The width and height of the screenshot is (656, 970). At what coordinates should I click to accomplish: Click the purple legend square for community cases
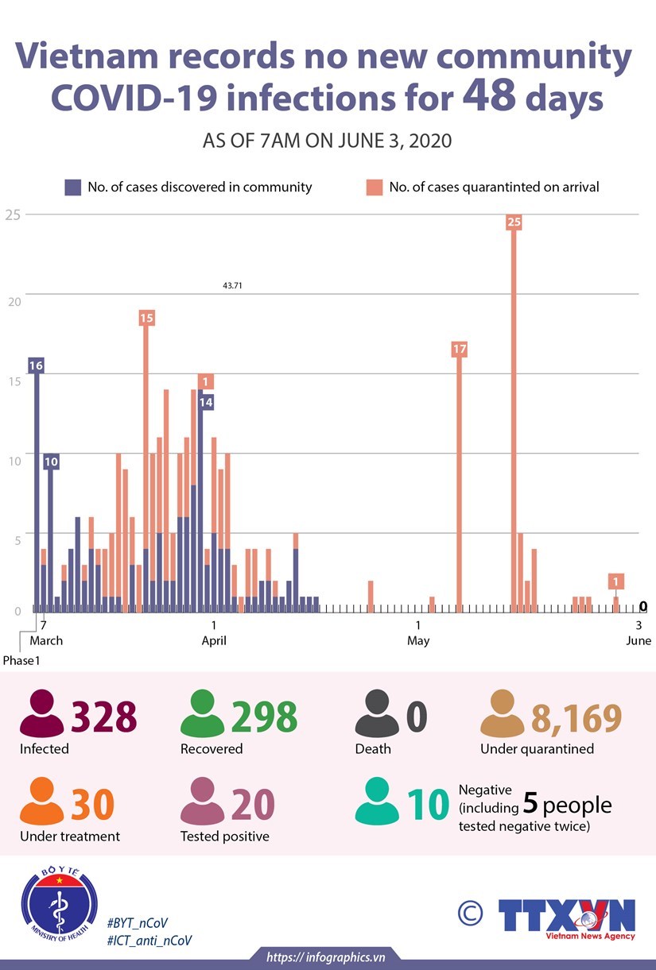pyautogui.click(x=73, y=187)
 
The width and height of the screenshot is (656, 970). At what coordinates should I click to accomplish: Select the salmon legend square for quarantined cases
pyautogui.click(x=374, y=187)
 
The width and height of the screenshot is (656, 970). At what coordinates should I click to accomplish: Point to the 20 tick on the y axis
pyautogui.click(x=11, y=294)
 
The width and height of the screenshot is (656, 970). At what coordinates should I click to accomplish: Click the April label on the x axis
pyautogui.click(x=214, y=640)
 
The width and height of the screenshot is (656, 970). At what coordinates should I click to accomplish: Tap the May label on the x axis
pyautogui.click(x=418, y=640)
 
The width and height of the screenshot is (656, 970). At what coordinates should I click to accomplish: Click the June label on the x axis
pyautogui.click(x=639, y=640)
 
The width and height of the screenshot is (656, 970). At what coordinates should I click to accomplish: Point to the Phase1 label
pyautogui.click(x=21, y=660)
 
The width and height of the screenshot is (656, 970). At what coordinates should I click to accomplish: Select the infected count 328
pyautogui.click(x=104, y=717)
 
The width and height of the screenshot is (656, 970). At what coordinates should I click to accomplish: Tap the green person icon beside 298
pyautogui.click(x=203, y=714)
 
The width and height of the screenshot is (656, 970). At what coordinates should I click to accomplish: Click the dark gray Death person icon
pyautogui.click(x=377, y=714)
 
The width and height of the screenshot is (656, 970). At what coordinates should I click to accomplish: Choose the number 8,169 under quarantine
pyautogui.click(x=576, y=717)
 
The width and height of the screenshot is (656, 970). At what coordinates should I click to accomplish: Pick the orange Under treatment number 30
pyautogui.click(x=92, y=804)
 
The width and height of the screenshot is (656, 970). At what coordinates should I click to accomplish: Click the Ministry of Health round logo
pyautogui.click(x=60, y=906)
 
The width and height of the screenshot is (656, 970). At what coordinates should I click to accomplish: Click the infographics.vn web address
pyautogui.click(x=327, y=957)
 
